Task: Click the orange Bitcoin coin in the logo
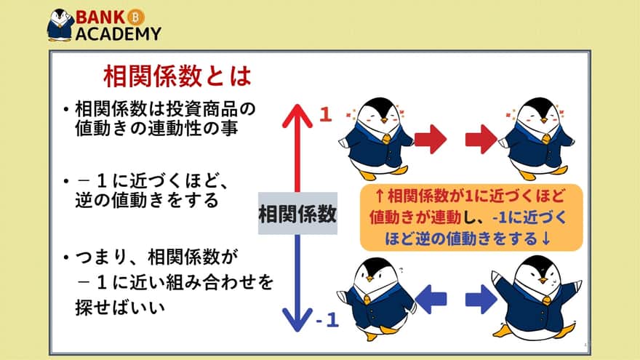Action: pyautogui.click(x=136, y=17)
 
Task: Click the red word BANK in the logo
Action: pyautogui.click(x=100, y=17)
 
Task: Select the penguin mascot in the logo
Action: pyautogui.click(x=60, y=25)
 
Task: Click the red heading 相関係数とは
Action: pyautogui.click(x=177, y=76)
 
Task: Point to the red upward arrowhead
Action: pyautogui.click(x=297, y=116)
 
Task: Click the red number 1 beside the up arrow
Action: pyautogui.click(x=325, y=115)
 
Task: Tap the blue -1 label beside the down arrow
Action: pyautogui.click(x=327, y=320)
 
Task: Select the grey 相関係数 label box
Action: pyautogui.click(x=297, y=214)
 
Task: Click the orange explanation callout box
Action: pyautogui.click(x=471, y=217)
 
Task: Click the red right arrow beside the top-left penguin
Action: pyautogui.click(x=431, y=139)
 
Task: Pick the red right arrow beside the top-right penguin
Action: pyautogui.click(x=481, y=139)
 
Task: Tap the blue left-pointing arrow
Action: pyautogui.click(x=431, y=299)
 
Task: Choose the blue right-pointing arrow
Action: pyautogui.click(x=481, y=299)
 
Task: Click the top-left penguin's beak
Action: pyautogui.click(x=384, y=121)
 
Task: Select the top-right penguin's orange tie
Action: pyautogui.click(x=546, y=139)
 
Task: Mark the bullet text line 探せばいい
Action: pyautogui.click(x=120, y=308)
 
